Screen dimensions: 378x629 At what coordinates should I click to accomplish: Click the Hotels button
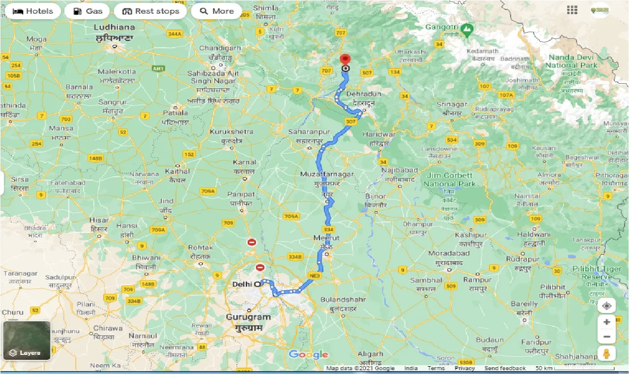tap(33, 11)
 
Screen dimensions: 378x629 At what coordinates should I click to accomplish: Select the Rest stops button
tap(150, 11)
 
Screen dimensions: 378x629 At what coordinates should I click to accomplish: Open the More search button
tap(217, 11)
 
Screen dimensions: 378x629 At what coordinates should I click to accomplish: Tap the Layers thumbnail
tap(27, 341)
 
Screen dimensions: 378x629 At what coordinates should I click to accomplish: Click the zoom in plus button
tap(607, 322)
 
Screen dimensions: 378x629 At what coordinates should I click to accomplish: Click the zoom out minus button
tap(607, 337)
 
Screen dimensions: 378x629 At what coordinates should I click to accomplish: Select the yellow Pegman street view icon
tap(607, 354)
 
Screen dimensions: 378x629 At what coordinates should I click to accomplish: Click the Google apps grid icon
tap(572, 10)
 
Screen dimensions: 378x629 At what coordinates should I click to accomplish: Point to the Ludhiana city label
tap(114, 27)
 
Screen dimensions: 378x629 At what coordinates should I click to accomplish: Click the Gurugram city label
tap(249, 317)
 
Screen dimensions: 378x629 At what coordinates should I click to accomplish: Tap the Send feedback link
tap(505, 368)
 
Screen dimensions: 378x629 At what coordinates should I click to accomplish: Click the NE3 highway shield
tap(314, 276)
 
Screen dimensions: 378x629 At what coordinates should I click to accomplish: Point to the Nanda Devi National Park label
tap(572, 61)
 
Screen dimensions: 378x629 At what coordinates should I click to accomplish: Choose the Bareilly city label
tap(524, 304)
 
